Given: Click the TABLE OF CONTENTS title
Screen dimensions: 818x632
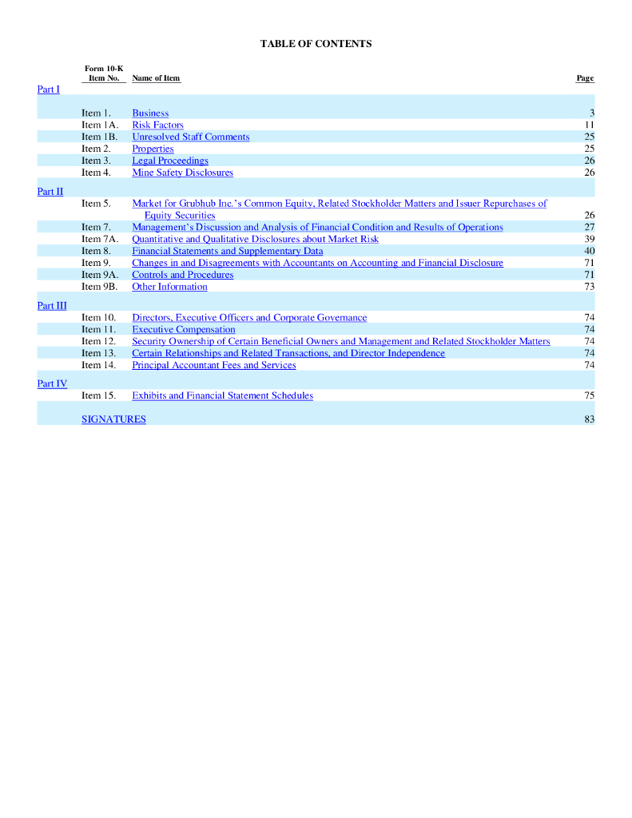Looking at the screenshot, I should [x=316, y=44].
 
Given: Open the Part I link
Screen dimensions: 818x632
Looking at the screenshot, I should [x=48, y=89].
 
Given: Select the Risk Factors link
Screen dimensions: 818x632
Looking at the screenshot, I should [x=157, y=125].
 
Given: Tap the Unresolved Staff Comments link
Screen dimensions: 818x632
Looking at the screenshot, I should [x=190, y=137].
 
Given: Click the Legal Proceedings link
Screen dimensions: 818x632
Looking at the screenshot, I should [x=169, y=161].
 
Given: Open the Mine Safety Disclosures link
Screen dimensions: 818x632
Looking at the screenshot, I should [x=182, y=173].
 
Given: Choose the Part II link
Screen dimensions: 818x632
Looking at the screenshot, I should [x=50, y=192].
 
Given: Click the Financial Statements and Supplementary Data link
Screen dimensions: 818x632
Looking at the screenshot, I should [x=227, y=252].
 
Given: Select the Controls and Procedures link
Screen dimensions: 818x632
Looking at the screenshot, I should [x=182, y=275].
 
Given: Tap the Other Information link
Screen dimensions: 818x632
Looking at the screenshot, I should [x=169, y=287].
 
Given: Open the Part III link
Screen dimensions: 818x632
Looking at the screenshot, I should [x=52, y=306].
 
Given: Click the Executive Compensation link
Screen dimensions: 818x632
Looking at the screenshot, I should [x=183, y=330].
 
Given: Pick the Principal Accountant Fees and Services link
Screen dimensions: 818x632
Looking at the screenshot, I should [x=213, y=366].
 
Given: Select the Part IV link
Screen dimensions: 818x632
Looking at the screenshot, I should [x=52, y=384].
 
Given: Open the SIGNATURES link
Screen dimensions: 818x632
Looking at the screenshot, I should [x=113, y=419].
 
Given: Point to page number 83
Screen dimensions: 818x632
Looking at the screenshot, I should [x=589, y=419].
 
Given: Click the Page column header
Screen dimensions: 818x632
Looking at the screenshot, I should [x=585, y=78].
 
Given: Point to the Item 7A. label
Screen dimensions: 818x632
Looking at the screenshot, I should [x=100, y=240].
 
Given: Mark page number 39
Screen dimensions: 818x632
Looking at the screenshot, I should [x=589, y=240].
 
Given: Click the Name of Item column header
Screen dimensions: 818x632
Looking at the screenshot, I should [x=156, y=78].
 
